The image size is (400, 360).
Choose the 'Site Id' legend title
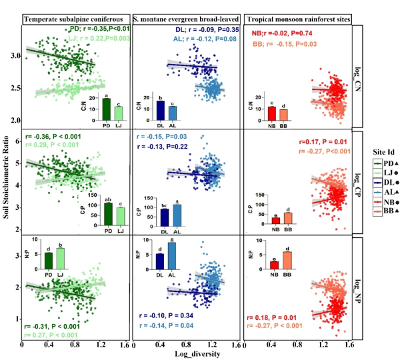click(x=382, y=151)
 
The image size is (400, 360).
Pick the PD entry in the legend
click(x=385, y=163)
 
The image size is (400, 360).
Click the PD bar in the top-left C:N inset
click(x=106, y=109)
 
